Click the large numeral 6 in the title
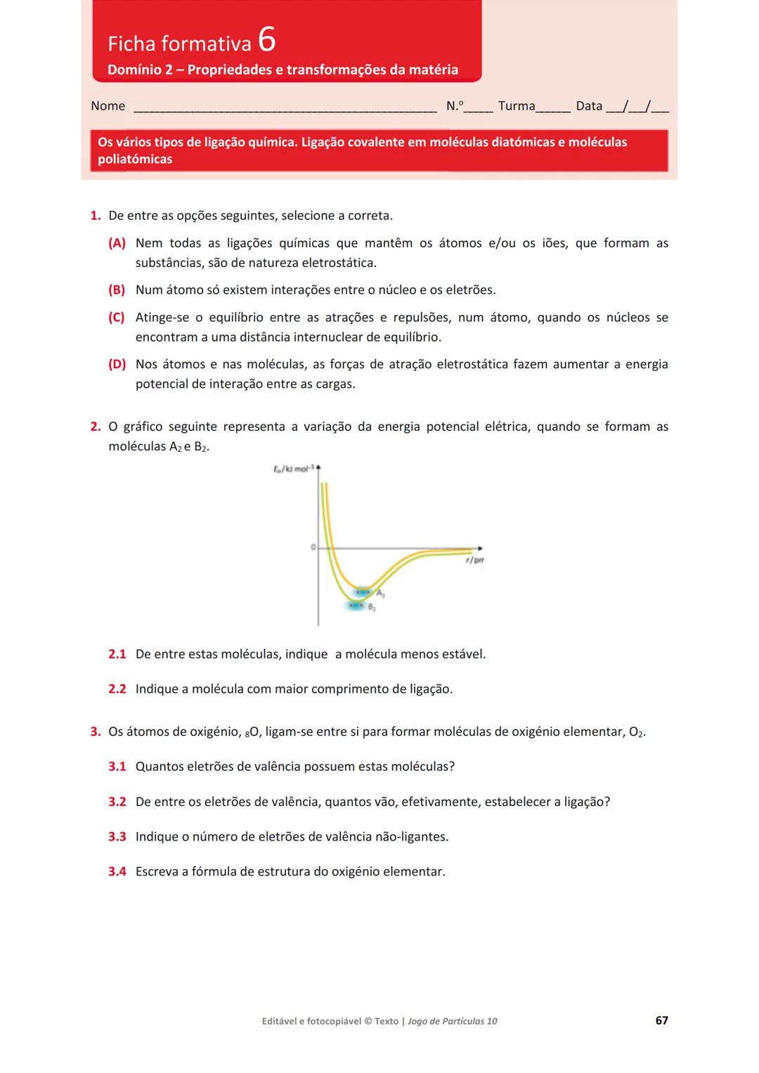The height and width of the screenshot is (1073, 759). tap(267, 39)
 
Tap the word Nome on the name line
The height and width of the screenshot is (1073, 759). tap(108, 106)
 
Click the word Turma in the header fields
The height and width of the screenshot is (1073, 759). tap(517, 106)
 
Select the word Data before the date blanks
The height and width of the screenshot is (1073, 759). tap(589, 106)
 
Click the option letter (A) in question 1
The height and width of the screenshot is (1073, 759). tap(117, 243)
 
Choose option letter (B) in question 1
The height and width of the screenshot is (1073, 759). tap(117, 290)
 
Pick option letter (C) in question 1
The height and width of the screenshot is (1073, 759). tap(117, 318)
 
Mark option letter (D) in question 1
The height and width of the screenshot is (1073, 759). tap(117, 364)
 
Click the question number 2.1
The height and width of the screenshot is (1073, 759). tap(117, 654)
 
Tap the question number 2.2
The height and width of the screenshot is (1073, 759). tap(117, 689)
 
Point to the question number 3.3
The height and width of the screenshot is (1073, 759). tap(117, 837)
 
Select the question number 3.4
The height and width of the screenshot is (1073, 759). tap(117, 872)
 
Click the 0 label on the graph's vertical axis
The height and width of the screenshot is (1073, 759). tap(313, 547)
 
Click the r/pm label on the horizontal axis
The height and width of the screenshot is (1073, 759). tap(475, 560)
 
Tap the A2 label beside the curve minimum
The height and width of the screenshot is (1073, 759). tap(380, 594)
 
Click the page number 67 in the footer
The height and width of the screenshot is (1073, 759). tap(661, 1020)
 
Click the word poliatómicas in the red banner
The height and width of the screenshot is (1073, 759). tap(135, 160)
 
